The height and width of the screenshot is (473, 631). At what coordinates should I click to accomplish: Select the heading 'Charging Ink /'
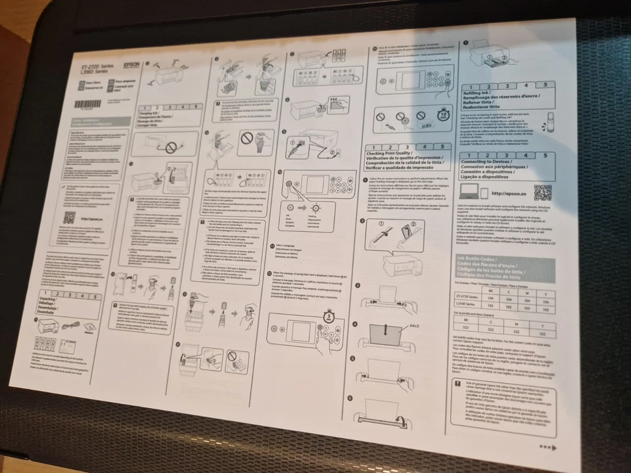click(151, 114)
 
